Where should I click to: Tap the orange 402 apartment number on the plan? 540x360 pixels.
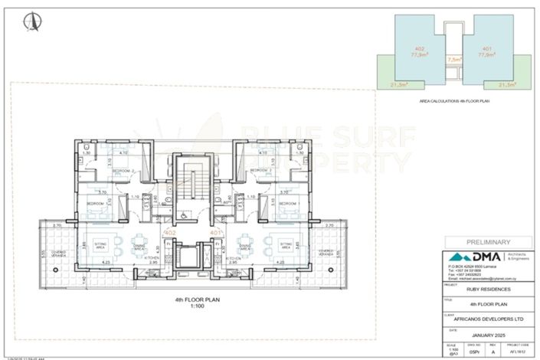click(x=171, y=232)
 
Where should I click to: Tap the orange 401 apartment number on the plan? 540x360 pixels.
click(x=215, y=232)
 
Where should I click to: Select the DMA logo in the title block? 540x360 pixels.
click(x=467, y=258)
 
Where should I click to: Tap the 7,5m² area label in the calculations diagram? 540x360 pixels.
click(x=453, y=58)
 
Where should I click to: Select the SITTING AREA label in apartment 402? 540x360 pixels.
click(x=100, y=246)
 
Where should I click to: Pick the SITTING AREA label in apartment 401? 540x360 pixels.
click(x=286, y=246)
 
